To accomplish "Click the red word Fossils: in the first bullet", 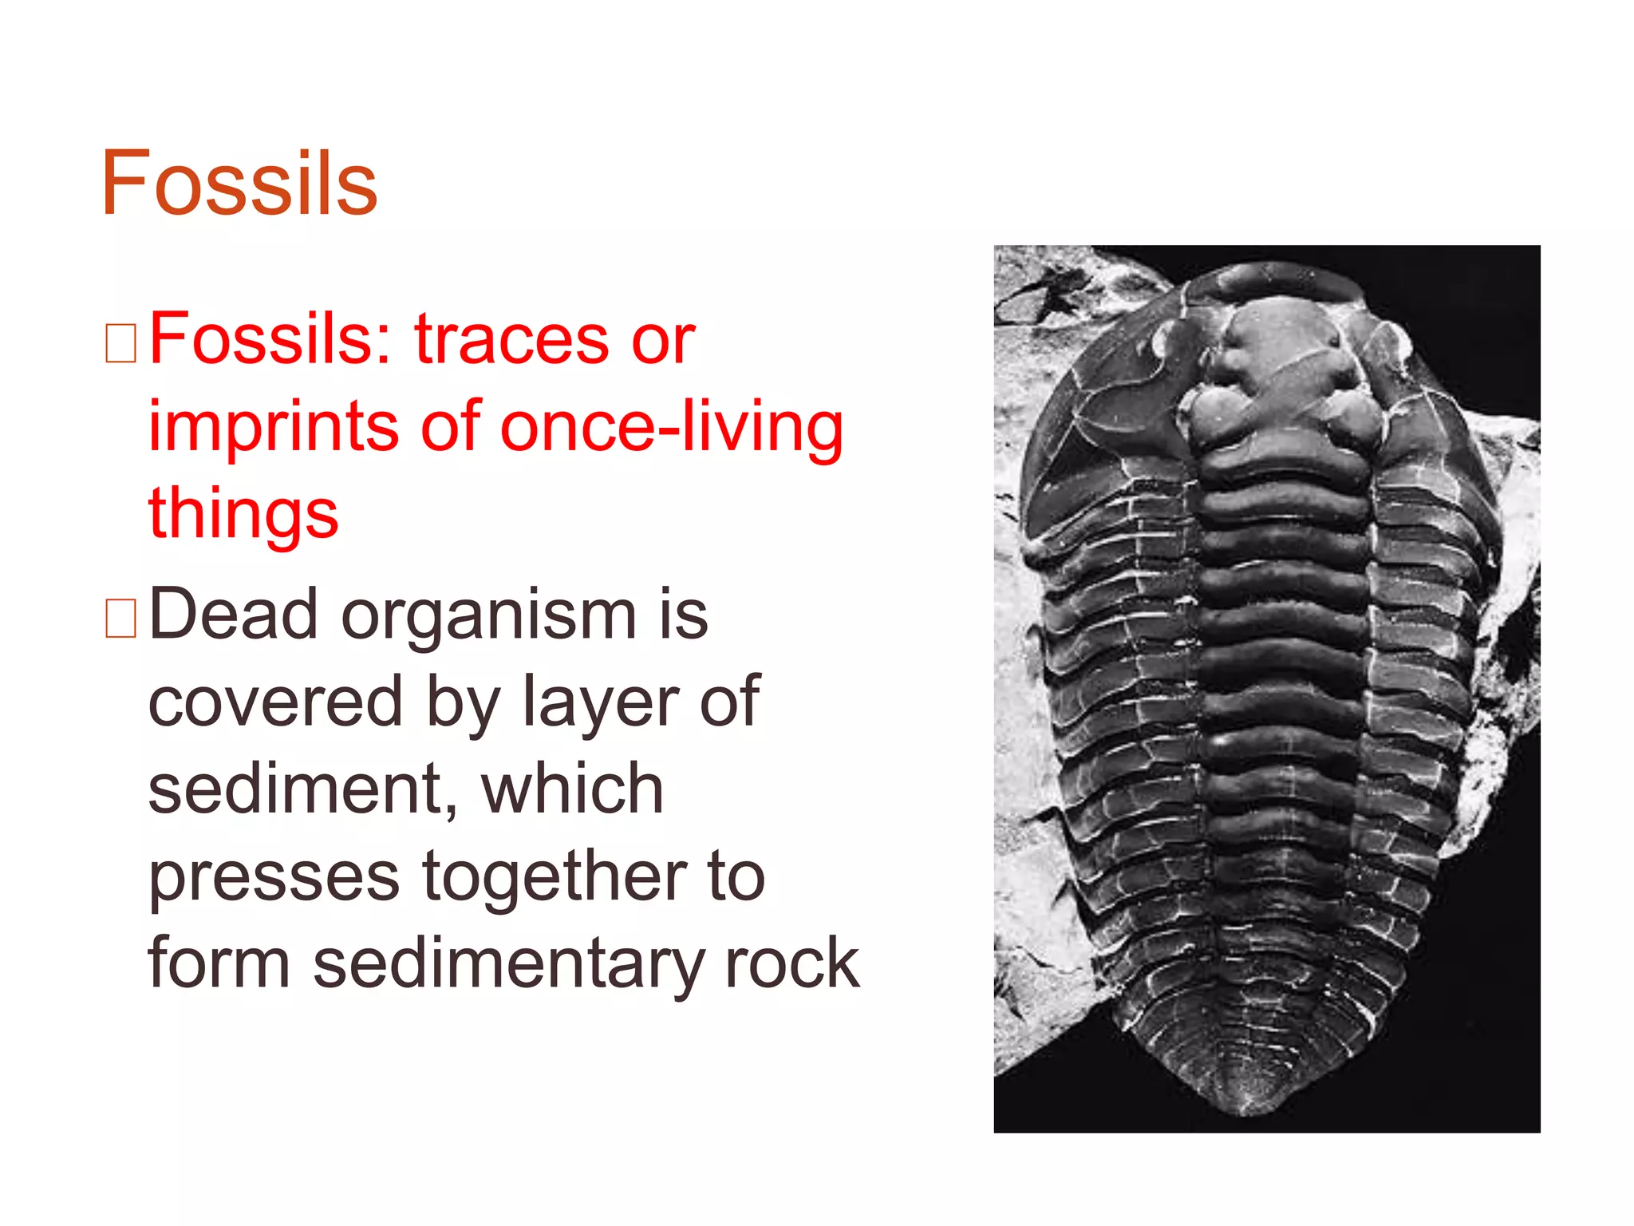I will (270, 339).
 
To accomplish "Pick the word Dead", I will (233, 614).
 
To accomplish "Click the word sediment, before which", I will (304, 790).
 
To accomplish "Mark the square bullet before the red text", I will (120, 344).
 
